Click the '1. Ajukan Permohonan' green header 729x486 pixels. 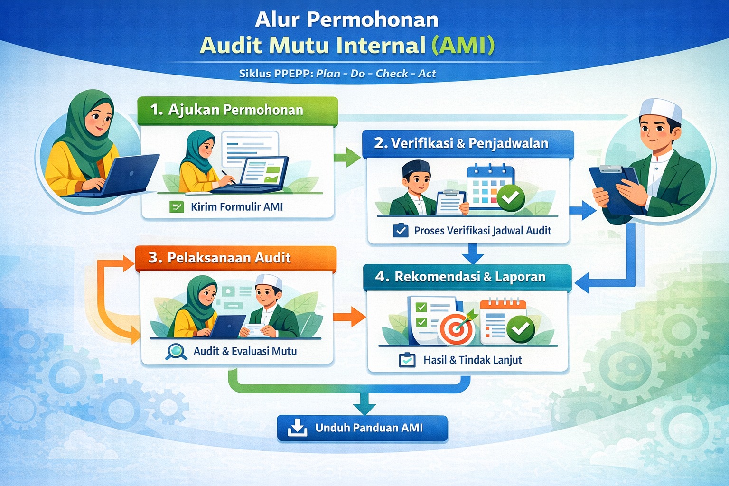point(238,111)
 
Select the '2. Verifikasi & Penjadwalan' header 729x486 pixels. point(468,144)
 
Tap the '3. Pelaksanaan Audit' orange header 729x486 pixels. point(235,258)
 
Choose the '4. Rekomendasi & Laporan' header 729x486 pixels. point(467,277)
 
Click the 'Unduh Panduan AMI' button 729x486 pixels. point(362,428)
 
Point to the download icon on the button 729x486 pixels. point(298,428)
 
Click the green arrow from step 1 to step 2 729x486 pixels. point(347,157)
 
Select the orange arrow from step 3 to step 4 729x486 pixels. point(349,317)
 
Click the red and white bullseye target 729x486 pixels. point(457,330)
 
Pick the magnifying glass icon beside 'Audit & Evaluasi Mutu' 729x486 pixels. point(176,352)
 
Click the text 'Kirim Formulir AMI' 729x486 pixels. point(237,207)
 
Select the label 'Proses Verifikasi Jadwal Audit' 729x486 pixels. point(483,231)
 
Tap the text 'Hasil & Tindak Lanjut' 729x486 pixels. point(473,360)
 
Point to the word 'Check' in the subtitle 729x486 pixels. point(392,74)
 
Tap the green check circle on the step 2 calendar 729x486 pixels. point(511,198)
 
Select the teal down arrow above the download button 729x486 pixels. point(364,403)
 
